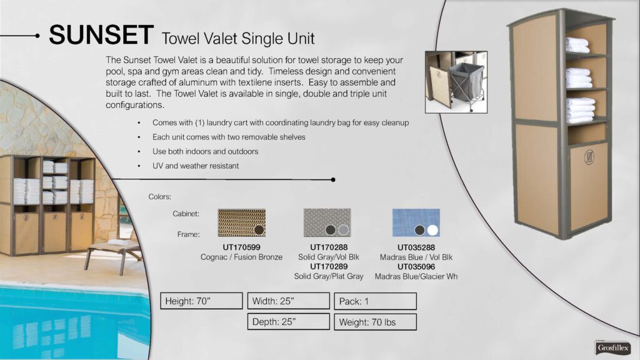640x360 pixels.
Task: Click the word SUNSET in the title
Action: tap(101, 35)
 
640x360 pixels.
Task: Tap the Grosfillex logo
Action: tap(612, 347)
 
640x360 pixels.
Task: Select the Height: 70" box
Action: tap(201, 301)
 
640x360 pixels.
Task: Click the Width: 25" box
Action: tap(288, 301)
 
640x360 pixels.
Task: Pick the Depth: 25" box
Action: tap(288, 322)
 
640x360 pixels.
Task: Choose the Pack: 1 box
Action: tap(375, 301)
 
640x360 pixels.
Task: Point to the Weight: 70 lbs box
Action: tap(375, 322)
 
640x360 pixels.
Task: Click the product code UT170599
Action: tap(241, 247)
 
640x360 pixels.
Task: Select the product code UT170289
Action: tap(329, 266)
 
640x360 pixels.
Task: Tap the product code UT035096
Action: tap(416, 266)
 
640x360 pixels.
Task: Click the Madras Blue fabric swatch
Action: tap(416, 223)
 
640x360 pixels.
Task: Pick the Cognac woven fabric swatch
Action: tap(242, 223)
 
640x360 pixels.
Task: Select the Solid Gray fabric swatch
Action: tap(327, 223)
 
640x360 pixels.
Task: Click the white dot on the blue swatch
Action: tap(432, 230)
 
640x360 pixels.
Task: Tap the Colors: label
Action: tap(159, 197)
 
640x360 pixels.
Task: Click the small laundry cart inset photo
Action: tap(456, 82)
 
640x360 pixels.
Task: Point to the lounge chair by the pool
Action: tap(113, 254)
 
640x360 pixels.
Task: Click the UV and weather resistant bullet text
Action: tap(196, 166)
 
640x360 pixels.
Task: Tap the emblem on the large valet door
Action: tap(589, 157)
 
